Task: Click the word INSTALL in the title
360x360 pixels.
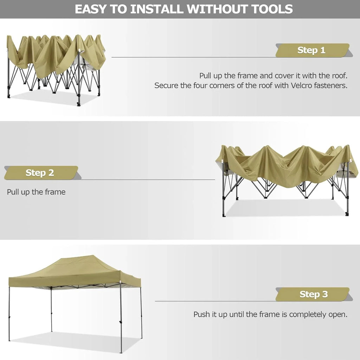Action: click(x=157, y=9)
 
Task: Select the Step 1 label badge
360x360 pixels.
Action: click(x=312, y=50)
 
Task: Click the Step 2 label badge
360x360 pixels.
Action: click(x=40, y=173)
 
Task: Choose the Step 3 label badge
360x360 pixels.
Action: click(x=313, y=294)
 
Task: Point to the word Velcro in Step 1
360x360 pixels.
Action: click(x=303, y=85)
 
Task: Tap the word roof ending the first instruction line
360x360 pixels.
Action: click(x=339, y=76)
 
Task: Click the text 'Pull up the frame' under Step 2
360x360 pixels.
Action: click(x=36, y=192)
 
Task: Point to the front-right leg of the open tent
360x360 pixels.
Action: click(x=121, y=316)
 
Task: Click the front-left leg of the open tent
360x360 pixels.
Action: click(x=9, y=313)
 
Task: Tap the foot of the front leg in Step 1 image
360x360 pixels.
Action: click(x=78, y=103)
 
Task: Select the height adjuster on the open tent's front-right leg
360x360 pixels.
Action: click(x=121, y=323)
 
